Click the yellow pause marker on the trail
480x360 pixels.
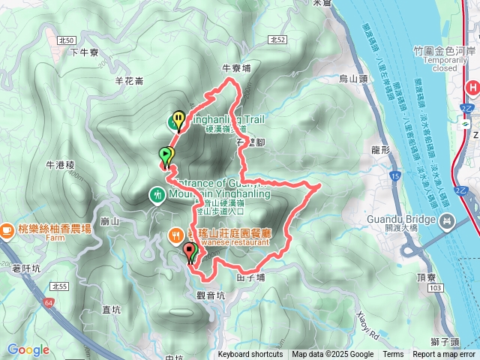(x=178, y=118)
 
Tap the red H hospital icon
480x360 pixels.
(x=473, y=88)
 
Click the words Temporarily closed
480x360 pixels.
(x=434, y=63)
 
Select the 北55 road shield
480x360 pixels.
(x=61, y=286)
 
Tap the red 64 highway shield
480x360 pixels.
(x=49, y=301)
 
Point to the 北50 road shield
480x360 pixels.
(x=66, y=39)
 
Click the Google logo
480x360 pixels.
(x=28, y=349)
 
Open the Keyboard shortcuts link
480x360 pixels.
(x=250, y=355)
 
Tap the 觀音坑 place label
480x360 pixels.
(x=211, y=295)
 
